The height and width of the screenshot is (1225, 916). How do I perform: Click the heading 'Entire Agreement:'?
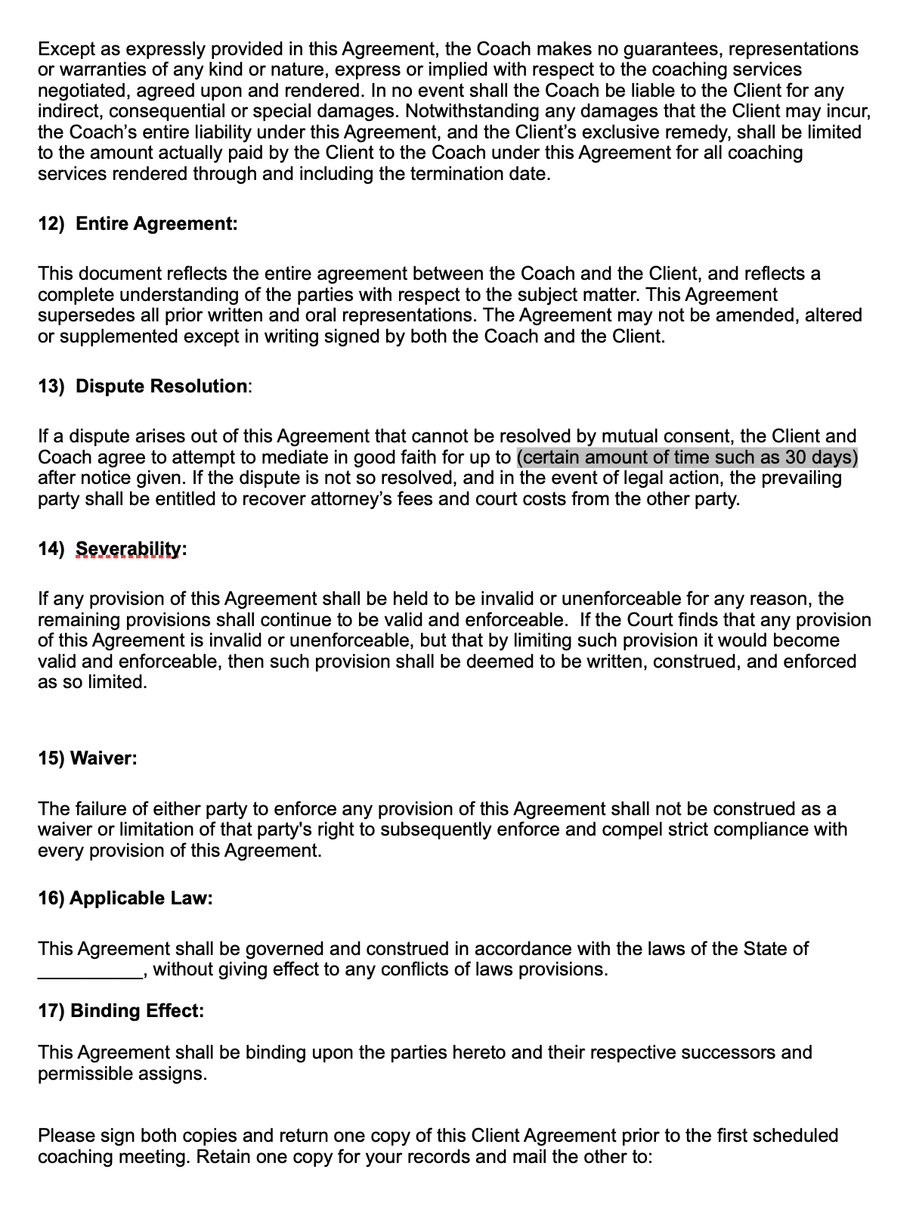click(156, 224)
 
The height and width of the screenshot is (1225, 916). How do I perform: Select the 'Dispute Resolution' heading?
click(161, 386)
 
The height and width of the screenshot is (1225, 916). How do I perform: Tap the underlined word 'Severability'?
click(128, 548)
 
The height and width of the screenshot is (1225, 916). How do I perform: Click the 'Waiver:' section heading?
click(104, 758)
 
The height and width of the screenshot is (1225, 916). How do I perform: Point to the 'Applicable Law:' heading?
click(141, 898)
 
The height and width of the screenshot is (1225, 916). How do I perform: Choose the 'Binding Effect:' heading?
click(137, 1011)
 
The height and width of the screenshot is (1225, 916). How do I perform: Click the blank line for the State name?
click(90, 970)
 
